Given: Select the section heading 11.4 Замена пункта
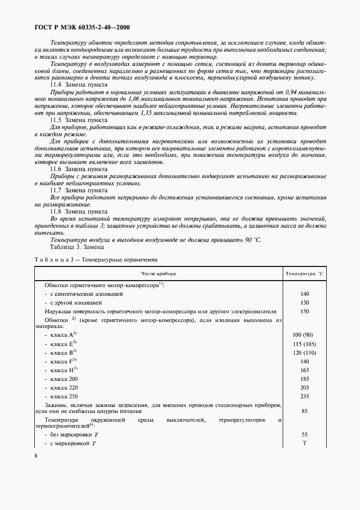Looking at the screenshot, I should click(78, 84).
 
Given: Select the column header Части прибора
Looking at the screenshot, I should click(158, 272).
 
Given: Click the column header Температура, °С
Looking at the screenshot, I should click(304, 272).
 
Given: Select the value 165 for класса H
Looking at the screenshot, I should click(304, 370).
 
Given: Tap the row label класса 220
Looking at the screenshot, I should click(64, 387).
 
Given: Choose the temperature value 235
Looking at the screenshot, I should click(304, 396).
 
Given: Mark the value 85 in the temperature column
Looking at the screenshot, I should click(304, 411).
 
